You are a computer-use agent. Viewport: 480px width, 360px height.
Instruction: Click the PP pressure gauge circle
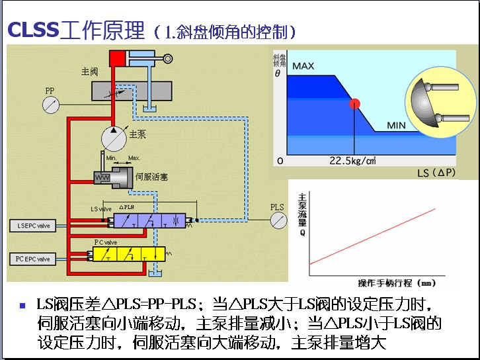(50, 105)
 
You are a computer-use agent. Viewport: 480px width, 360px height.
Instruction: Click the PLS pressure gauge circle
(278, 222)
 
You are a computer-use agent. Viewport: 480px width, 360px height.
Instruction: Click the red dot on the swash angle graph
(355, 103)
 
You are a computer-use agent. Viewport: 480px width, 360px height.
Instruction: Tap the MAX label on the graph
(303, 66)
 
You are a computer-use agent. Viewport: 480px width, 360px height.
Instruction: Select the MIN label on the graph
(396, 125)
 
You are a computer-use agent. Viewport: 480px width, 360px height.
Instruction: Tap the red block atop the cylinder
(118, 58)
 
